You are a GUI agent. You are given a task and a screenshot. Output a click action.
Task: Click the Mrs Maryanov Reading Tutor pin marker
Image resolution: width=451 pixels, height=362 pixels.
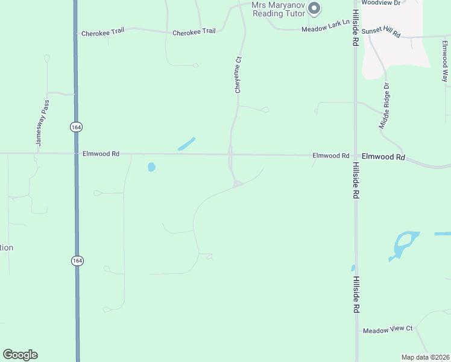(314, 8)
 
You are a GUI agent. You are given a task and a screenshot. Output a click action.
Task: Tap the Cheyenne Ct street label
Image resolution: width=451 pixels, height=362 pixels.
(238, 75)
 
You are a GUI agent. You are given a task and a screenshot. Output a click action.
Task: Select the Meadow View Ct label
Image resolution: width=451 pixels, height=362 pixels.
(387, 329)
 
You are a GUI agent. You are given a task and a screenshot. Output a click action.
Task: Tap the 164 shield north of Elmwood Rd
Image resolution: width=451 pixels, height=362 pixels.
(75, 127)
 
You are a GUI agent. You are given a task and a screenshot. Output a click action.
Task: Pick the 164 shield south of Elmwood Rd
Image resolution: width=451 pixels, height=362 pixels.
(77, 261)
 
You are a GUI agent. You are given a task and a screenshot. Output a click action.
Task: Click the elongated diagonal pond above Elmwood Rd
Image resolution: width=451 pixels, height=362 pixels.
(186, 144)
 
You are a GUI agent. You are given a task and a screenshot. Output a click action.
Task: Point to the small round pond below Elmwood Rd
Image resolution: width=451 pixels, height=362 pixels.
(151, 167)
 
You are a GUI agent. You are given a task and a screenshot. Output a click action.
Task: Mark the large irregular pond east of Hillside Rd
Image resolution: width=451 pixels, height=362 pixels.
(403, 244)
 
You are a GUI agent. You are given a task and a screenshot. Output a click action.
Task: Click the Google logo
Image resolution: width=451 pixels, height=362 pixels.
(20, 355)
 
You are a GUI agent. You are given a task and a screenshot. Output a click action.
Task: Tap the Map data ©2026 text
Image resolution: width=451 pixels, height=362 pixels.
(425, 357)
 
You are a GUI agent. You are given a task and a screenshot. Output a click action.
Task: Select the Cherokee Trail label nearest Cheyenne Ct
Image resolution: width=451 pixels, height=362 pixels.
(194, 32)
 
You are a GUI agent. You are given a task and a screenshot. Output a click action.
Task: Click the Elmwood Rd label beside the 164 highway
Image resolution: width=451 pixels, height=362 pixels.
(101, 154)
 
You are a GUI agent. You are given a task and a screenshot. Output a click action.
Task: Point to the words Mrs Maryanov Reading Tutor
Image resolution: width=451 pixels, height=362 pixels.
(277, 9)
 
